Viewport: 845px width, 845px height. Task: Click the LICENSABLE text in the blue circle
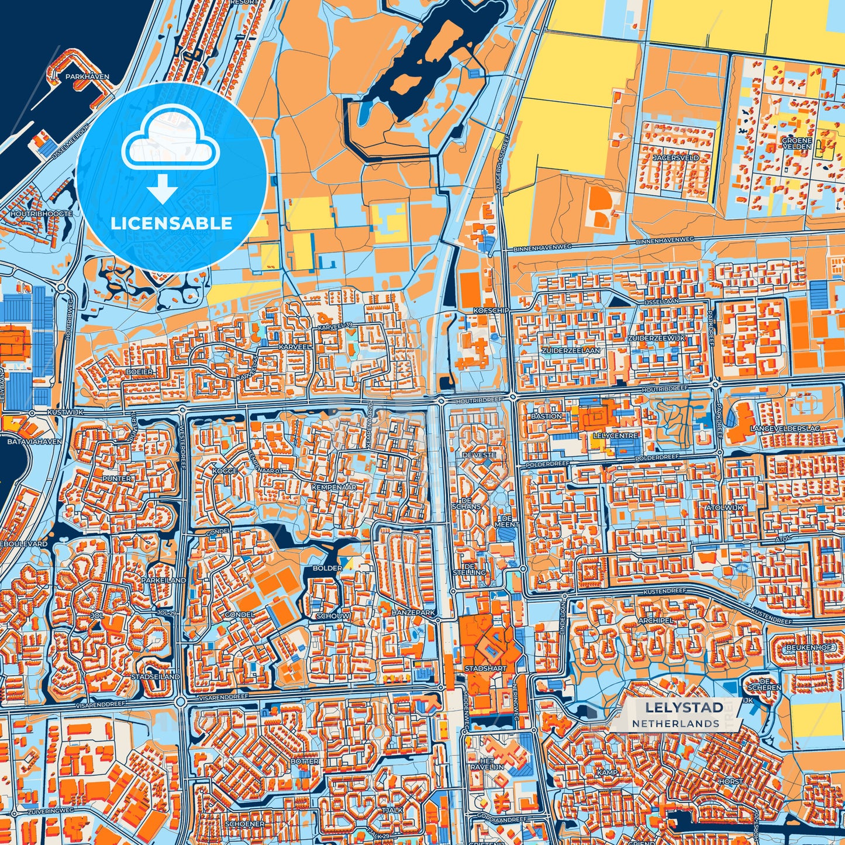tap(171, 223)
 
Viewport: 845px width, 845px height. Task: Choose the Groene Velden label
tap(797, 143)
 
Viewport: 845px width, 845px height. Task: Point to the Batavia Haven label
tap(34, 442)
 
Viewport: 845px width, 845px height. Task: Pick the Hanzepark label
tap(413, 612)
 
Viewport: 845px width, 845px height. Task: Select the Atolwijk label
tap(725, 508)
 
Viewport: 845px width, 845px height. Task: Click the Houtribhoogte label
tap(42, 214)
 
